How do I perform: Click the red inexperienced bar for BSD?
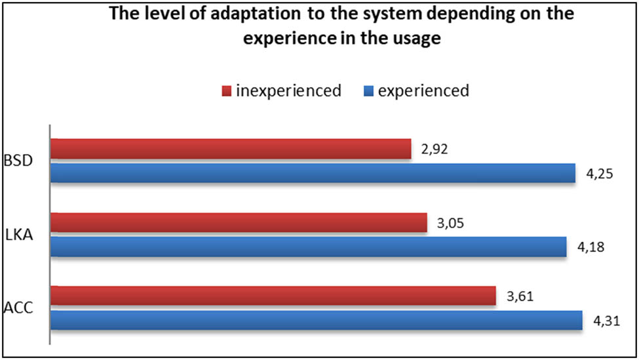[x=230, y=149]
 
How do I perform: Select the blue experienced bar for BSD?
[x=313, y=172]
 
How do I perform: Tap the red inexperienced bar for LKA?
[x=238, y=222]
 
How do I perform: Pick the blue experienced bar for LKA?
[x=308, y=246]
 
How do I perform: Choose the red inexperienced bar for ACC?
[x=273, y=296]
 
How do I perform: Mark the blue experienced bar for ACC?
[x=316, y=319]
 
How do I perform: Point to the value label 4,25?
[x=599, y=175]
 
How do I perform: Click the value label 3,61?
[x=520, y=295]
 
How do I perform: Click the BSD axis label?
[x=18, y=161]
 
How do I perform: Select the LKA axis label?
[x=18, y=235]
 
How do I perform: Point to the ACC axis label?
[x=18, y=308]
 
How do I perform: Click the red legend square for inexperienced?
[x=227, y=91]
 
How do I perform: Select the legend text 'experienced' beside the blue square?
[x=423, y=90]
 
